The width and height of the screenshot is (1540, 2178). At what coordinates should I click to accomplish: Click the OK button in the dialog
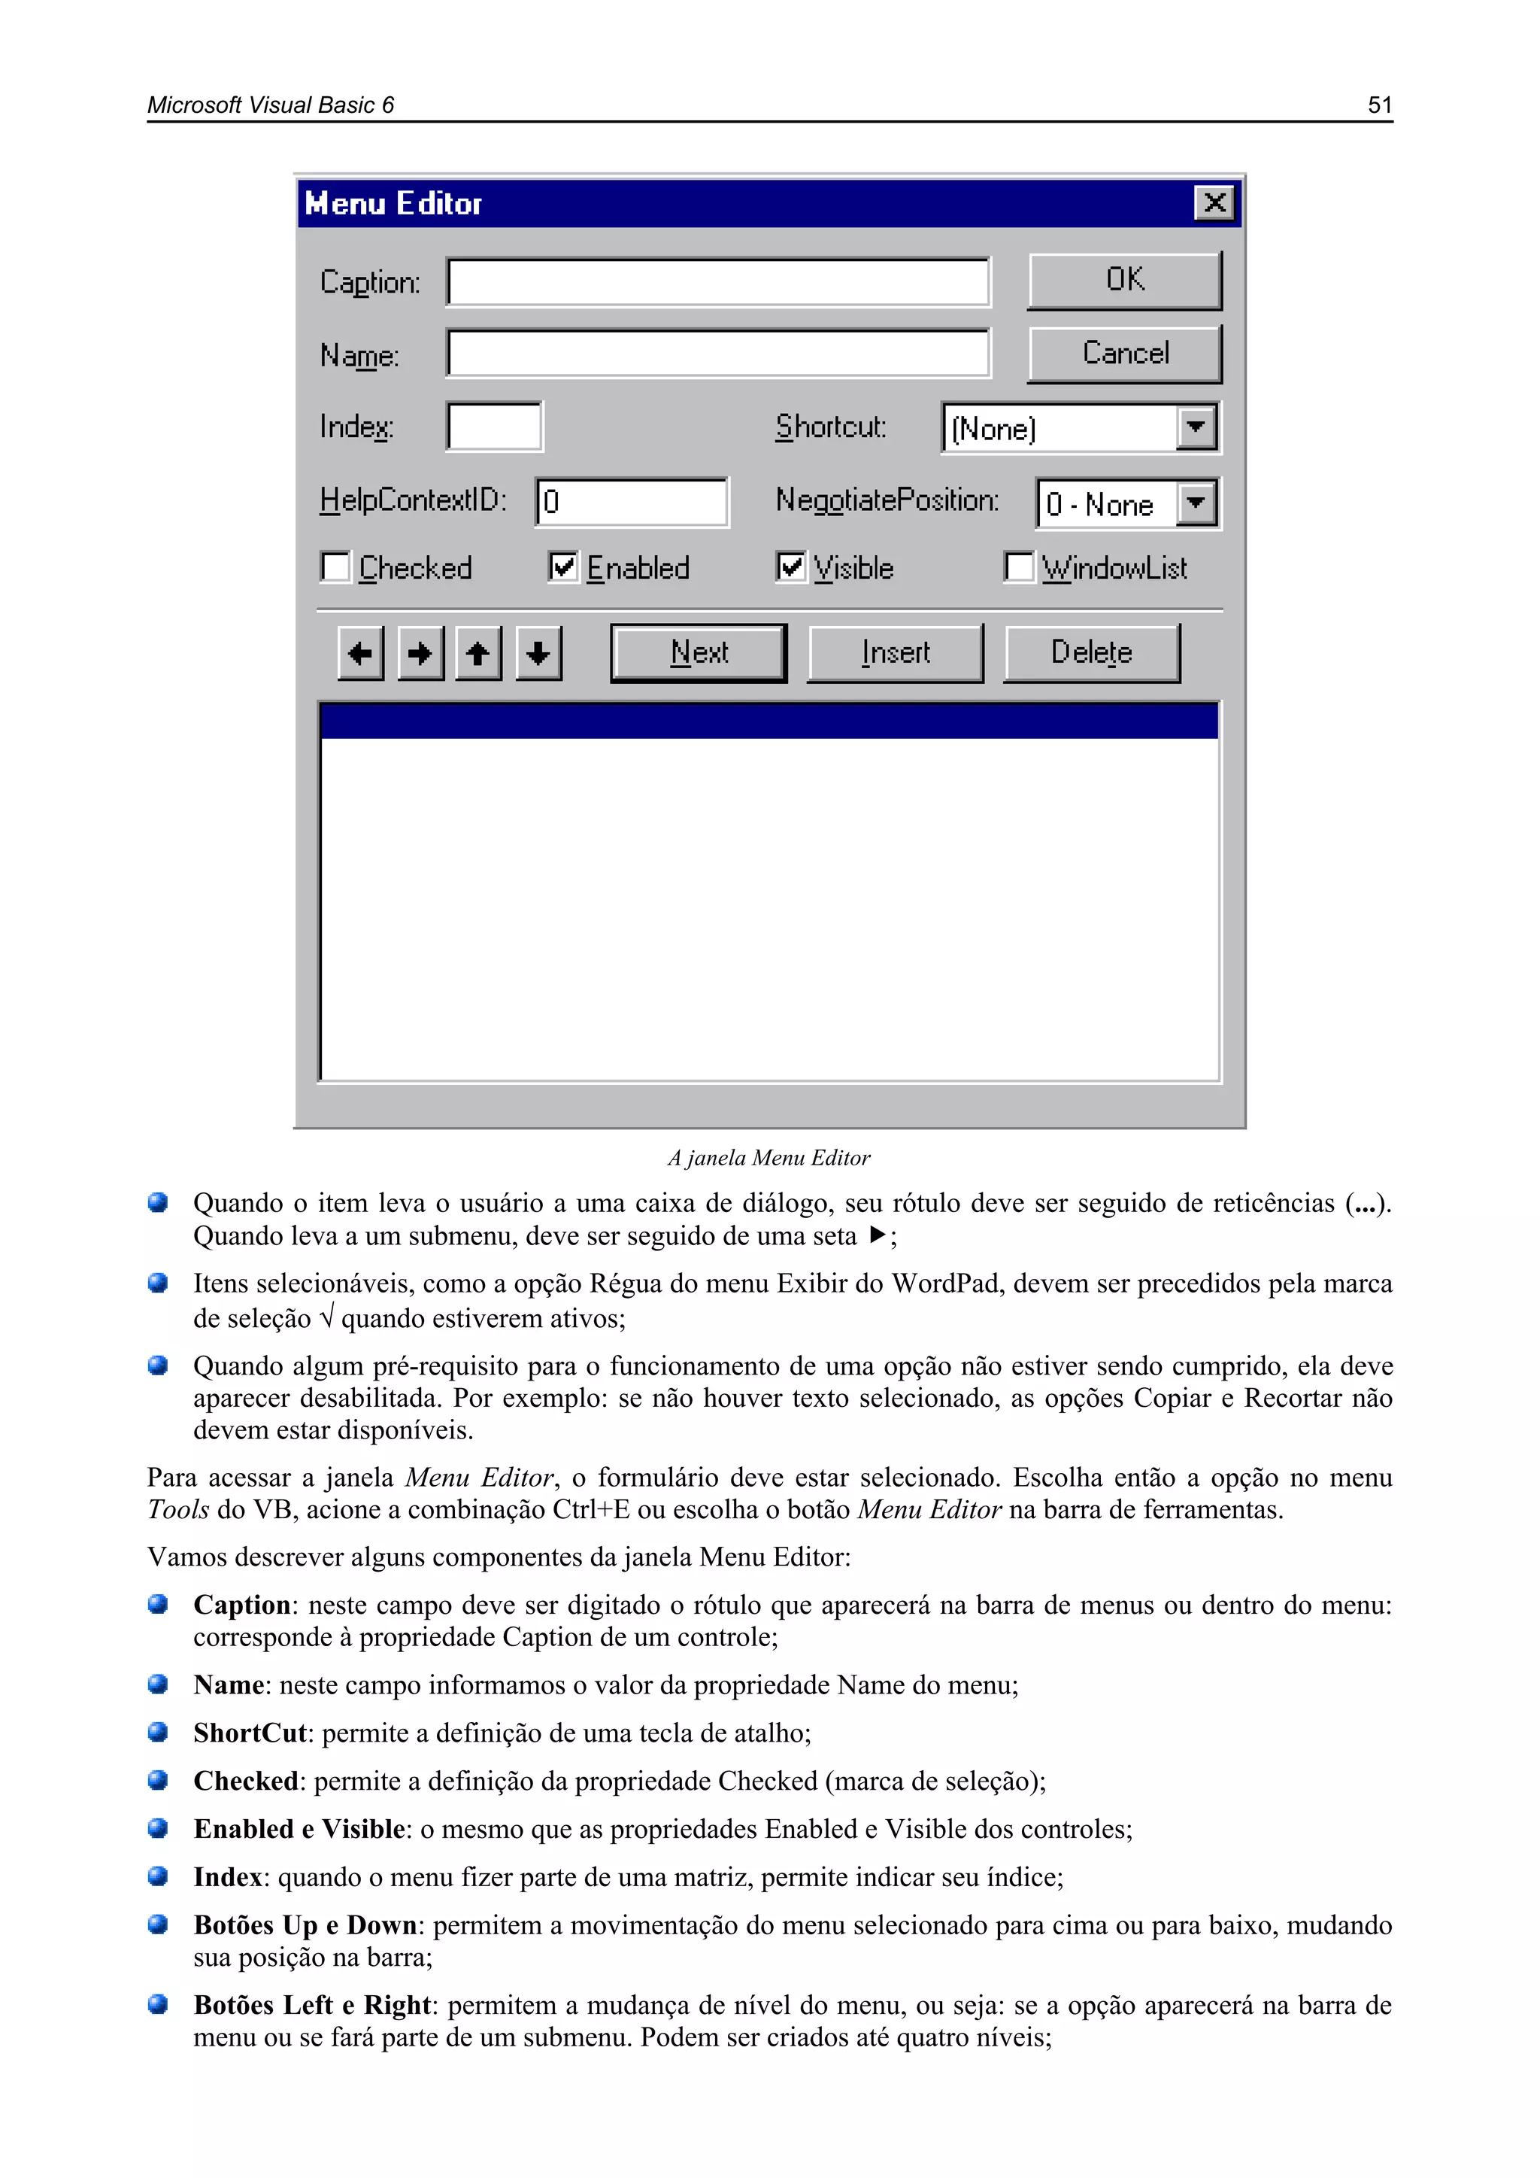tap(1125, 280)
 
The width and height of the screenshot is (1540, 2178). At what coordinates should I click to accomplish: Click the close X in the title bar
tap(1214, 203)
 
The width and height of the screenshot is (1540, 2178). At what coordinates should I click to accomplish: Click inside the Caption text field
tap(718, 283)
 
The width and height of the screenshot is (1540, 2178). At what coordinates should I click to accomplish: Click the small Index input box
tap(494, 427)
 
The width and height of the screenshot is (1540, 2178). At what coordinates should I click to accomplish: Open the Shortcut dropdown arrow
tap(1196, 428)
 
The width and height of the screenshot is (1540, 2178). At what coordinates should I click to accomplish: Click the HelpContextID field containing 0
tap(632, 502)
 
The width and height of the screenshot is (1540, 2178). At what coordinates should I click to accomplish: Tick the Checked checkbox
tap(335, 567)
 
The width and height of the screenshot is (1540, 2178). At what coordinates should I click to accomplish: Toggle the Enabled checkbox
tap(563, 567)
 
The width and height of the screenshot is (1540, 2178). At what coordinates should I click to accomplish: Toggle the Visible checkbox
tap(791, 567)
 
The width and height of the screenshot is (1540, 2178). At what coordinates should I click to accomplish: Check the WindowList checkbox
tap(1018, 567)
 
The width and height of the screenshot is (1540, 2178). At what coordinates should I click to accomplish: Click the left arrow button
tap(360, 652)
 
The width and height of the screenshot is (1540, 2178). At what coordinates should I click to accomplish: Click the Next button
tap(699, 652)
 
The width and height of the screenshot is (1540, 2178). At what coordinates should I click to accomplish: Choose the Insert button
tap(895, 652)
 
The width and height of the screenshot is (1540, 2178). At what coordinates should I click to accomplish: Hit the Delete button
tap(1092, 652)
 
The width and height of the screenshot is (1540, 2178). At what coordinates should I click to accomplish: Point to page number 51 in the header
tap(1380, 105)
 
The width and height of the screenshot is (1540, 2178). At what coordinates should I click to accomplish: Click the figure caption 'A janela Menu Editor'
tap(769, 1159)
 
